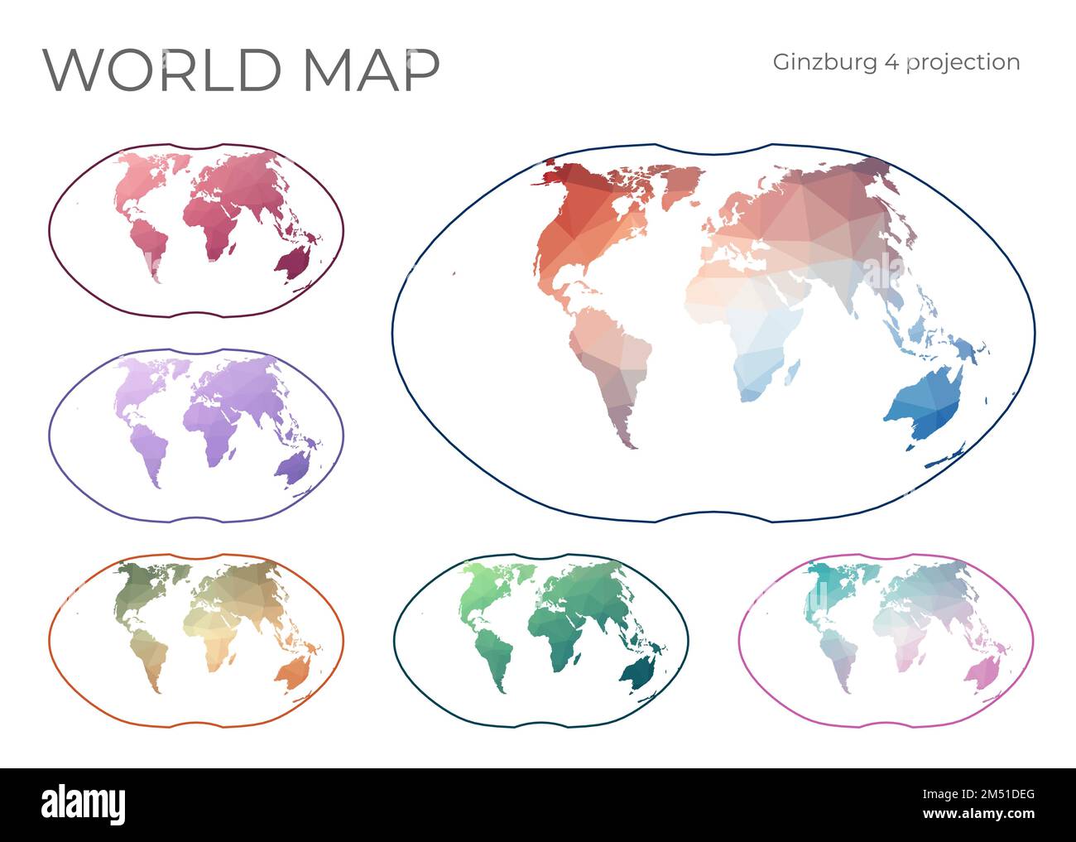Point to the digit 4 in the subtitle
pyautogui.click(x=890, y=63)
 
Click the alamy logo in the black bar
pyautogui.click(x=84, y=804)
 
